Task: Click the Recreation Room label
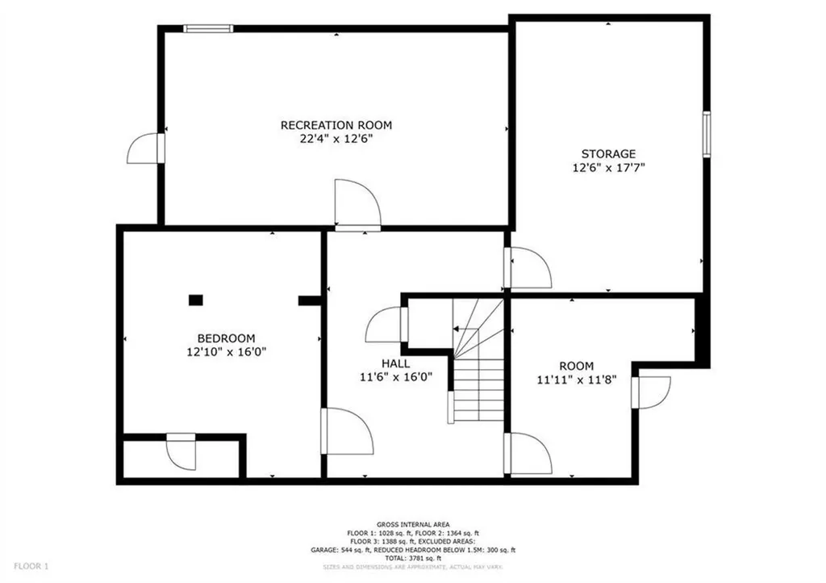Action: point(336,125)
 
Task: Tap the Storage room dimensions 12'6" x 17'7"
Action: point(608,168)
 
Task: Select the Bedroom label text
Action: point(226,338)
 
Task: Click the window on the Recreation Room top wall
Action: point(208,29)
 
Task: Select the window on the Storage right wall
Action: point(706,133)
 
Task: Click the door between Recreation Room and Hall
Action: point(357,207)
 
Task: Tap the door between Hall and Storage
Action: point(528,269)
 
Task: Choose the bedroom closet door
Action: point(182,451)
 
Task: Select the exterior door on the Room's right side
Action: point(652,392)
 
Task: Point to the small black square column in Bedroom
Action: point(195,300)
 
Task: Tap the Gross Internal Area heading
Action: point(413,524)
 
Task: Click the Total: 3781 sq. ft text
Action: point(413,558)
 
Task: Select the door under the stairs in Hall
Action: point(386,326)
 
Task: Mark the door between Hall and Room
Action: point(528,454)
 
